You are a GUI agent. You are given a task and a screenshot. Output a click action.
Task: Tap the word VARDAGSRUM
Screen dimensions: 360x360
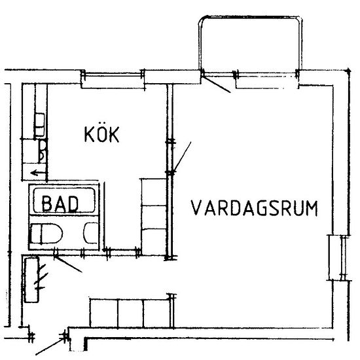click(x=255, y=208)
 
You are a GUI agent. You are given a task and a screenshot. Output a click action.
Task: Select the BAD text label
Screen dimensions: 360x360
click(x=60, y=204)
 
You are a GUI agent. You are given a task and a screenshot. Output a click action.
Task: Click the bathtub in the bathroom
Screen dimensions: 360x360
click(x=64, y=200)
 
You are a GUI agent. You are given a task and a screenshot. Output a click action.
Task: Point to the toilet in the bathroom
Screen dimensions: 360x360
click(x=46, y=233)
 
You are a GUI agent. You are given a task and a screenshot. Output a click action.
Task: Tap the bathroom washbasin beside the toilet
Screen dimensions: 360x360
click(x=90, y=233)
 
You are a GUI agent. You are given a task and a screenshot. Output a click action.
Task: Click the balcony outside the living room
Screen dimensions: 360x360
click(x=250, y=44)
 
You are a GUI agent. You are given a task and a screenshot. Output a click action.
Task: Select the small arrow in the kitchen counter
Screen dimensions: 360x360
click(x=38, y=173)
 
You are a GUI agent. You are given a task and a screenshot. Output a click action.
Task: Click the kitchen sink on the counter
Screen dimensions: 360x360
click(x=39, y=125)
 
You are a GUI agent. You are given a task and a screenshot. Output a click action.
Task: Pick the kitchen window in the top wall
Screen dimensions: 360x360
click(x=113, y=75)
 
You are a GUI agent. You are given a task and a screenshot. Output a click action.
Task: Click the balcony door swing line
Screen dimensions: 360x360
click(x=216, y=84)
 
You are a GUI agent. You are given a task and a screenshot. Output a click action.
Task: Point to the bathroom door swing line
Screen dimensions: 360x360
click(x=68, y=264)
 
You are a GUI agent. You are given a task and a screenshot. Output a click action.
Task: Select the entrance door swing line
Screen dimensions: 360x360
click(x=50, y=347)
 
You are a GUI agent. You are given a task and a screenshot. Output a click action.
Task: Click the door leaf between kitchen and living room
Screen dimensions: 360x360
click(x=182, y=157)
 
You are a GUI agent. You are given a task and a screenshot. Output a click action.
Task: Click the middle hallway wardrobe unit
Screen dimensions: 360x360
click(x=130, y=313)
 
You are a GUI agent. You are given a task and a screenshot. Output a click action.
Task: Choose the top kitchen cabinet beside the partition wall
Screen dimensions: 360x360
click(x=154, y=192)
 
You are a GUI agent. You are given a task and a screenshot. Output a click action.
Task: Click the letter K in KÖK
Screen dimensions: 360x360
click(x=90, y=134)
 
